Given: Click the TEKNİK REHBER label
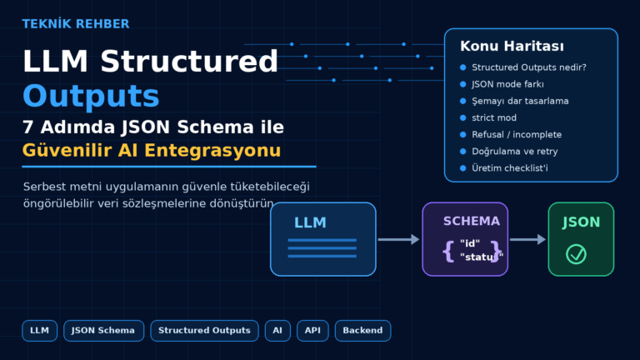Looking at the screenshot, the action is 76,24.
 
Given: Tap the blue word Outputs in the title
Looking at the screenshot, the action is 91,97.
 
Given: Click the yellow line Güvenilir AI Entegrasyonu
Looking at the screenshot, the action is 152,151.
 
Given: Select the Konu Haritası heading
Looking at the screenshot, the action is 512,46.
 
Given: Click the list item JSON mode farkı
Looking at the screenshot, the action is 507,84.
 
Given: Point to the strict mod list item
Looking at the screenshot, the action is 494,117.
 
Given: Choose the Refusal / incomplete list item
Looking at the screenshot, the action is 517,134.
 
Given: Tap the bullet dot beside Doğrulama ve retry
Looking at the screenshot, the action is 462,152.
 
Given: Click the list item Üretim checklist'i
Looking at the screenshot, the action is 510,168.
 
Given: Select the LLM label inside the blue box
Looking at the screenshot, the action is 310,222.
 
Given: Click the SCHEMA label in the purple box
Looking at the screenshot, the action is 472,221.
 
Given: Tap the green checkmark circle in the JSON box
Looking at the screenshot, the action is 577,254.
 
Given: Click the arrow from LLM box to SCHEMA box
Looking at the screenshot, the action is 398,239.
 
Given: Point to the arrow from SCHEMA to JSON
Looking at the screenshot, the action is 527,239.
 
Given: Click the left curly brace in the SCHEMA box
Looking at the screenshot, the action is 448,251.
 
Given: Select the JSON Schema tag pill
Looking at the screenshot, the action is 103,331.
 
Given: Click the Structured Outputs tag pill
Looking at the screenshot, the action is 204,331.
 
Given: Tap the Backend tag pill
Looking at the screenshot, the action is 362,331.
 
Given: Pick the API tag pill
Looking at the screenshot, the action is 312,331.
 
